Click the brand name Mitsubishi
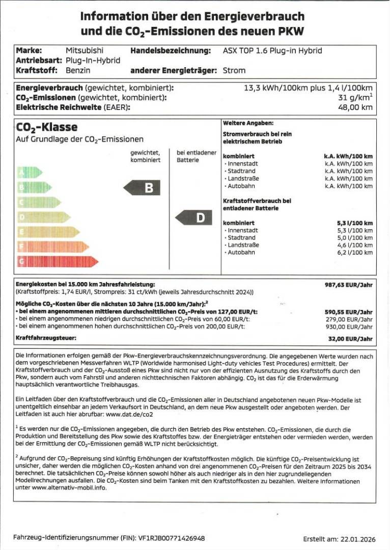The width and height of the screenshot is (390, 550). coord(84,50)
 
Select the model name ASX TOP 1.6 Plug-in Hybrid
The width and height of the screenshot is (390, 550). coord(272,50)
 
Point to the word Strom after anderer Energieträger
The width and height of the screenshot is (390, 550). coord(234,70)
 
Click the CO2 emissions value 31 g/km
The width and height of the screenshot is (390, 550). coord(355,97)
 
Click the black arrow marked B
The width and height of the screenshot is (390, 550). coord(142,187)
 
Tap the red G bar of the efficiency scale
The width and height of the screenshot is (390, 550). coord(58,261)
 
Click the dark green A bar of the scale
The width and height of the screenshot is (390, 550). coord(30,172)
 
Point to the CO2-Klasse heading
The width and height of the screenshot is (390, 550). coord(47,127)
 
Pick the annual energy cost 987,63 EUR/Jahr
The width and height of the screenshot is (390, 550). coord(349,285)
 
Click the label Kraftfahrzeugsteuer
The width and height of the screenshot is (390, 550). coord(46,338)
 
